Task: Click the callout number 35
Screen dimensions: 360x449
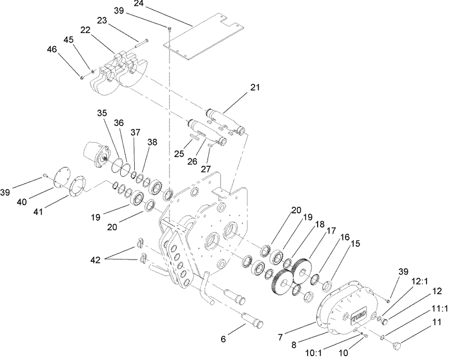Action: coord(101,113)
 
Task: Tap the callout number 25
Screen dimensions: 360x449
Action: coord(178,153)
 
